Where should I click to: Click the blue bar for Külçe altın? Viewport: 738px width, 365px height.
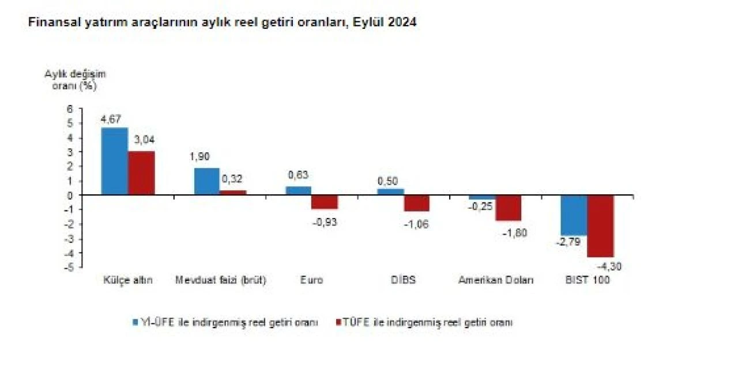114,161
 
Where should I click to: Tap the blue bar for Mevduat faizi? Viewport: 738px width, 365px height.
206,182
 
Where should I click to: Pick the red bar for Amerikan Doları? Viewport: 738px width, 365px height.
508,208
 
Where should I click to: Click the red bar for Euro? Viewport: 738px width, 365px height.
324,202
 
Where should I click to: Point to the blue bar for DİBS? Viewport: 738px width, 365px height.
390,192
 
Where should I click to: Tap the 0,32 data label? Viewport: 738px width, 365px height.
232,180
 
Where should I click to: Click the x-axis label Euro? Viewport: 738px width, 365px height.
311,280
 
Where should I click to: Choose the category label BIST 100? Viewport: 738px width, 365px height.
587,280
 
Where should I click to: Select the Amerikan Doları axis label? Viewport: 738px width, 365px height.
496,280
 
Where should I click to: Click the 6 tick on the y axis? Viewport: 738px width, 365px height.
70,108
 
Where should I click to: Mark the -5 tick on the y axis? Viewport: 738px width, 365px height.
69,268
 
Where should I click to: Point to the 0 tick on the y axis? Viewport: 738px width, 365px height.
70,195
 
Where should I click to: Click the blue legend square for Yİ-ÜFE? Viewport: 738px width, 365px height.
135,322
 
